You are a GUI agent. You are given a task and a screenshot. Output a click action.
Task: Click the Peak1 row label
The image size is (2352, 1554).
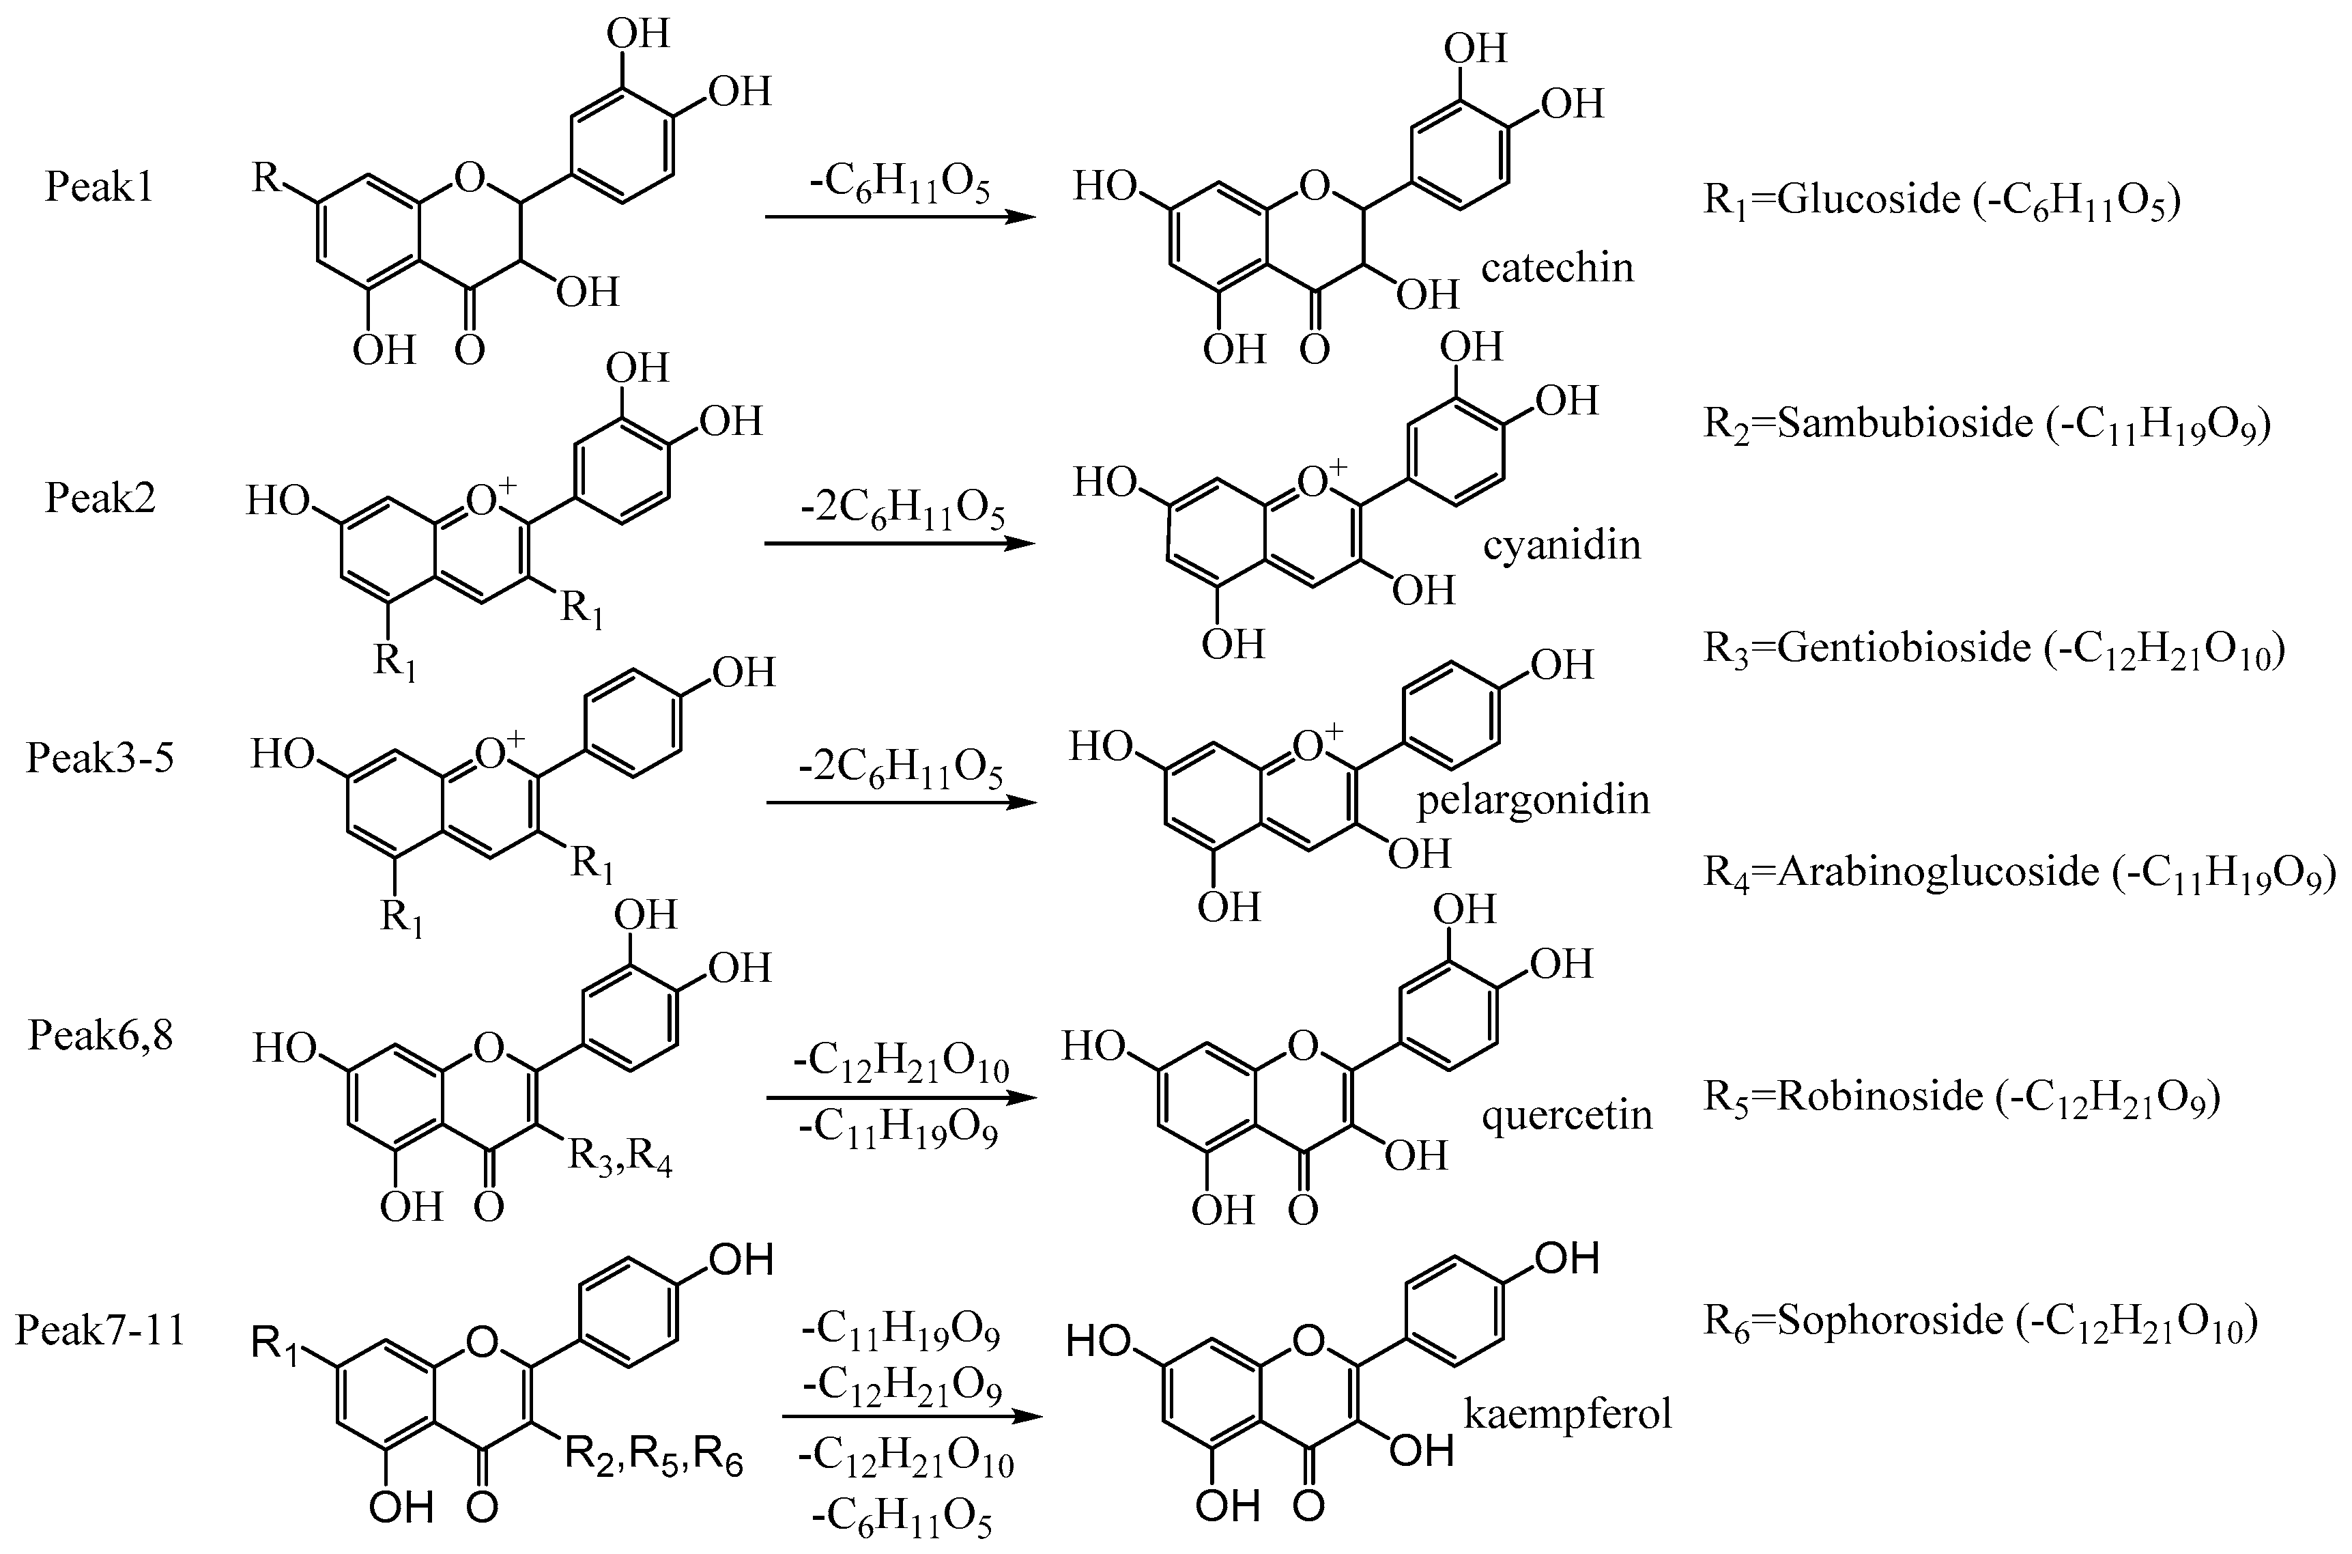point(99,187)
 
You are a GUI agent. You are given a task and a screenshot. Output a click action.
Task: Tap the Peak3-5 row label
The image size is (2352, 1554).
point(100,758)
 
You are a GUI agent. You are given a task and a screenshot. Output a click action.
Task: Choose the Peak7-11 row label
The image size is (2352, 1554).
point(100,1329)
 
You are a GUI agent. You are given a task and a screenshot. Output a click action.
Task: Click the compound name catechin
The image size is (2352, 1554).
point(1556,268)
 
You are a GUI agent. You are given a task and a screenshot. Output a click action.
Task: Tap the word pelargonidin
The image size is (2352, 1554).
point(1533,800)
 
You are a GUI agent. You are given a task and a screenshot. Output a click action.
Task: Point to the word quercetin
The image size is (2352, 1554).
point(1567,1116)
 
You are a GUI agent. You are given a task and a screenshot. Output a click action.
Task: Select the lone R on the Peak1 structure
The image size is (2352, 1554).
point(266,178)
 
